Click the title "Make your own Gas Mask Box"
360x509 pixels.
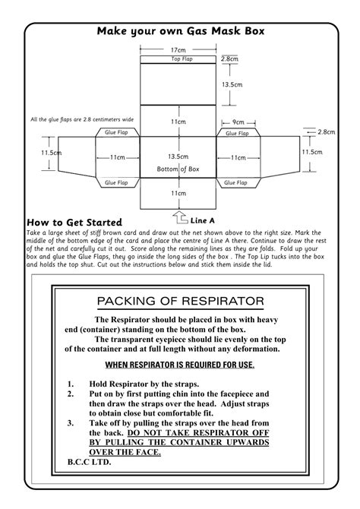179,32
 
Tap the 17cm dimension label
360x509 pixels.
178,50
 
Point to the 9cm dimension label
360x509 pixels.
238,122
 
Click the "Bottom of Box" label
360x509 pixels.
178,168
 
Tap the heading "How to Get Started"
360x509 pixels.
74,222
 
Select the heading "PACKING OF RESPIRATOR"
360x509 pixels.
180,301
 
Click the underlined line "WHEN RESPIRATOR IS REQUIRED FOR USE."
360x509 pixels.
179,365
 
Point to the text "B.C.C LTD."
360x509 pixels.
89,463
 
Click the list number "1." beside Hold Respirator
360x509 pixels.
71,384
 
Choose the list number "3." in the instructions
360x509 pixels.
71,423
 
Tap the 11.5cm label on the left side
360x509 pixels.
51,153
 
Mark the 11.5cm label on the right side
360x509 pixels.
312,152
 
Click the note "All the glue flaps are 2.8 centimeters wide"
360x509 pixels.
81,119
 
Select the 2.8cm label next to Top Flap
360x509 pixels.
229,58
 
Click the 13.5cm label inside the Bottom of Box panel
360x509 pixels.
178,156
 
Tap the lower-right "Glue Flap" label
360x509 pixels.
237,182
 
